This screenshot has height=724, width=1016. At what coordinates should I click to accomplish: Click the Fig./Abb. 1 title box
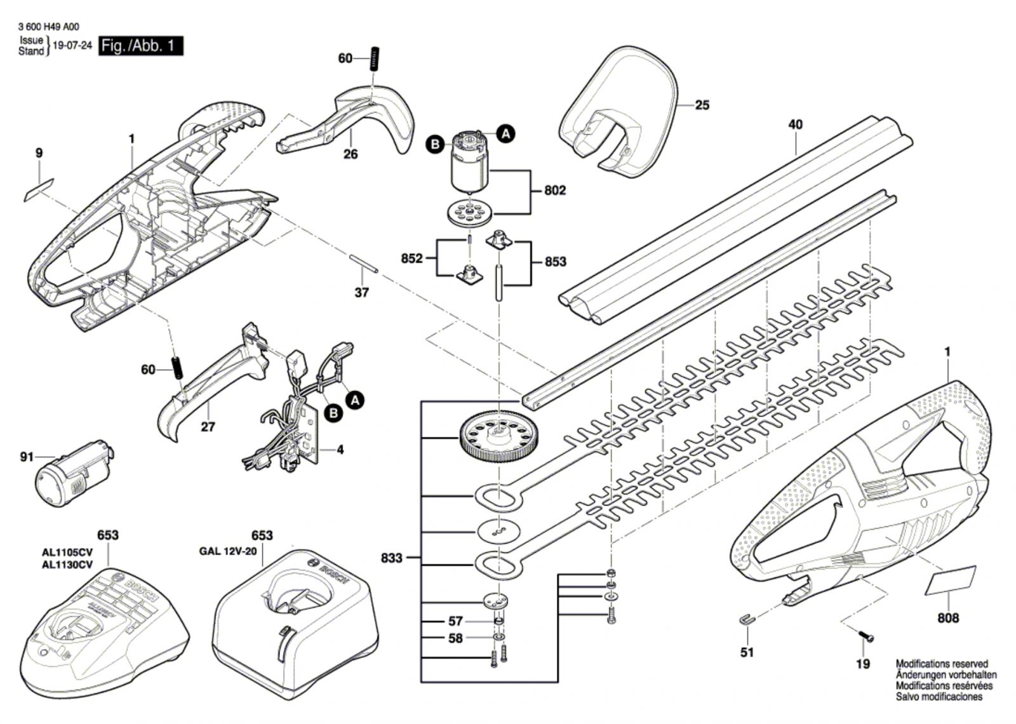click(141, 46)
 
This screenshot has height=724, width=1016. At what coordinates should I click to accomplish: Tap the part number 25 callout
click(702, 105)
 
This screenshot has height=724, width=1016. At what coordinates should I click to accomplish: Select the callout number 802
click(555, 190)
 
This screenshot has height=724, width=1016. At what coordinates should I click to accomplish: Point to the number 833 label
click(392, 558)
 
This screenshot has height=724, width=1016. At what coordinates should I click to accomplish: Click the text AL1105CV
click(67, 553)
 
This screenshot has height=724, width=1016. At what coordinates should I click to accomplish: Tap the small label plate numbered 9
click(39, 190)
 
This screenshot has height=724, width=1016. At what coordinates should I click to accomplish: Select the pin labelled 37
click(363, 264)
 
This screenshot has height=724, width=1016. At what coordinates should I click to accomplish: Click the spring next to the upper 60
click(375, 58)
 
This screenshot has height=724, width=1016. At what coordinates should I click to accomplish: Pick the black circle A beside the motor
click(505, 133)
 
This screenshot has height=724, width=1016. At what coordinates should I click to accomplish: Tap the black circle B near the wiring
click(334, 413)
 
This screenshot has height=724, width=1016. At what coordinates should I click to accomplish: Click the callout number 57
click(455, 621)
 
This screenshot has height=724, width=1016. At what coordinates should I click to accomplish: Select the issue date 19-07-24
click(72, 45)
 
